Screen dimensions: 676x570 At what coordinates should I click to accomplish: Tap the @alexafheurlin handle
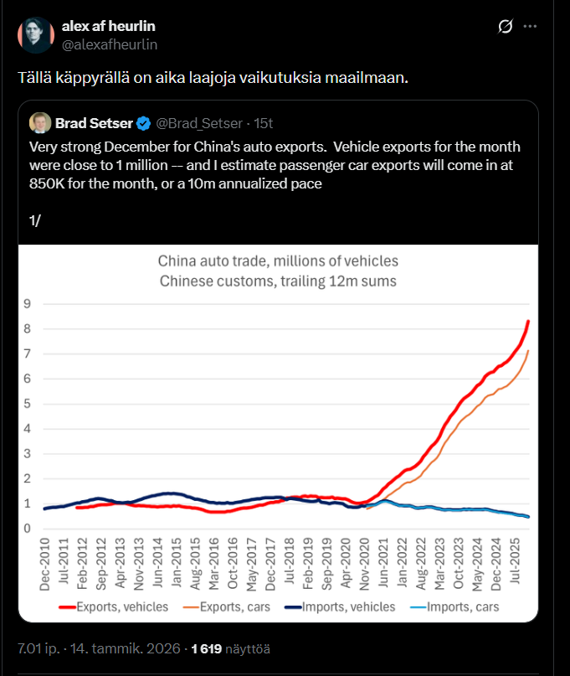[110, 44]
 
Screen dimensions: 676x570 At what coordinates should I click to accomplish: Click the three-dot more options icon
[530, 27]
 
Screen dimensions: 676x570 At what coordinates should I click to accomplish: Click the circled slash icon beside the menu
[505, 27]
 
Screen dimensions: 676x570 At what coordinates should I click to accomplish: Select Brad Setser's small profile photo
[39, 123]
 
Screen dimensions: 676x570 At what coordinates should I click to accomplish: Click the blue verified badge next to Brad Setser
[144, 124]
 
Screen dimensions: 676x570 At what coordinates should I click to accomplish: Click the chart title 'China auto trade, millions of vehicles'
[278, 261]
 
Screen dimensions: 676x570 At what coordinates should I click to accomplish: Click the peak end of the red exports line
[528, 321]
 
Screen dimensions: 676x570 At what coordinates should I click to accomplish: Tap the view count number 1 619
[207, 648]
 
